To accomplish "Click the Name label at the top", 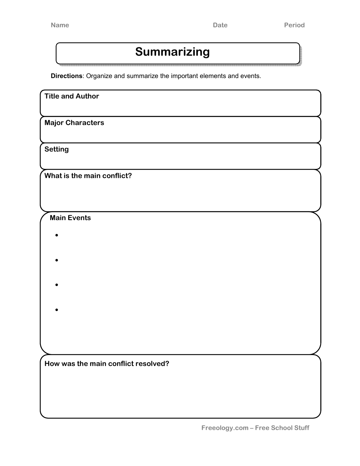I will pyautogui.click(x=60, y=25).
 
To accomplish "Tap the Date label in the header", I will pyautogui.click(x=220, y=25).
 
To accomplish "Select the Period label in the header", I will pyautogui.click(x=294, y=25).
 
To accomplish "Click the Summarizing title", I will pyautogui.click(x=172, y=52).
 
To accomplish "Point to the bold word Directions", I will pyautogui.click(x=66, y=76).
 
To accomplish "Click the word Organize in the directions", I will pyautogui.click(x=99, y=76).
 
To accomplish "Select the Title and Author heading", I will pyautogui.click(x=72, y=96).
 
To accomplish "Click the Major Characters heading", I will pyautogui.click(x=74, y=123).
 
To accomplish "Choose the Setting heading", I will pyautogui.click(x=56, y=149).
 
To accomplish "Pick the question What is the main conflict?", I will pyautogui.click(x=88, y=176).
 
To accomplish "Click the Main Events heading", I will pyautogui.click(x=70, y=218).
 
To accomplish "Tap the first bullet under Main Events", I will pyautogui.click(x=56, y=236).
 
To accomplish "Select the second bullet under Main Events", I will pyautogui.click(x=56, y=260).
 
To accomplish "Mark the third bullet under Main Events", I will pyautogui.click(x=56, y=285).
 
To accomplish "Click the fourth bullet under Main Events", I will pyautogui.click(x=56, y=310).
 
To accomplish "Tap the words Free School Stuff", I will pyautogui.click(x=282, y=428).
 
